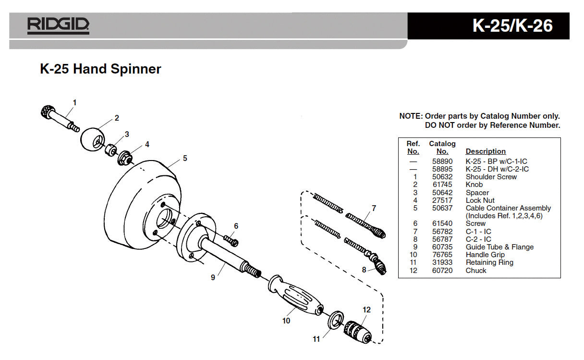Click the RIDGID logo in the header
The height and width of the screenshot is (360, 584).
tap(58, 25)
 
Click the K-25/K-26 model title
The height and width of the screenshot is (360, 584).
tap(512, 25)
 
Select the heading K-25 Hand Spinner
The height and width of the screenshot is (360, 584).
tap(100, 69)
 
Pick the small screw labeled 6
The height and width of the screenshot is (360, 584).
tap(231, 239)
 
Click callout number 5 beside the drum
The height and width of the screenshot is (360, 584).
tap(184, 158)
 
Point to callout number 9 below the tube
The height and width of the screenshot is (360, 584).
tap(213, 277)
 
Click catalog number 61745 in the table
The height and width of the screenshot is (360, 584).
tap(441, 185)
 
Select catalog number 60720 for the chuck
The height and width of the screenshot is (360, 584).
tap(441, 271)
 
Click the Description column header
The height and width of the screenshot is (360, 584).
tap(486, 151)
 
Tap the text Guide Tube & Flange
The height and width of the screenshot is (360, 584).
tap(499, 247)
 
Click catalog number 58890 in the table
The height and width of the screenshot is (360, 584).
tap(441, 161)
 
